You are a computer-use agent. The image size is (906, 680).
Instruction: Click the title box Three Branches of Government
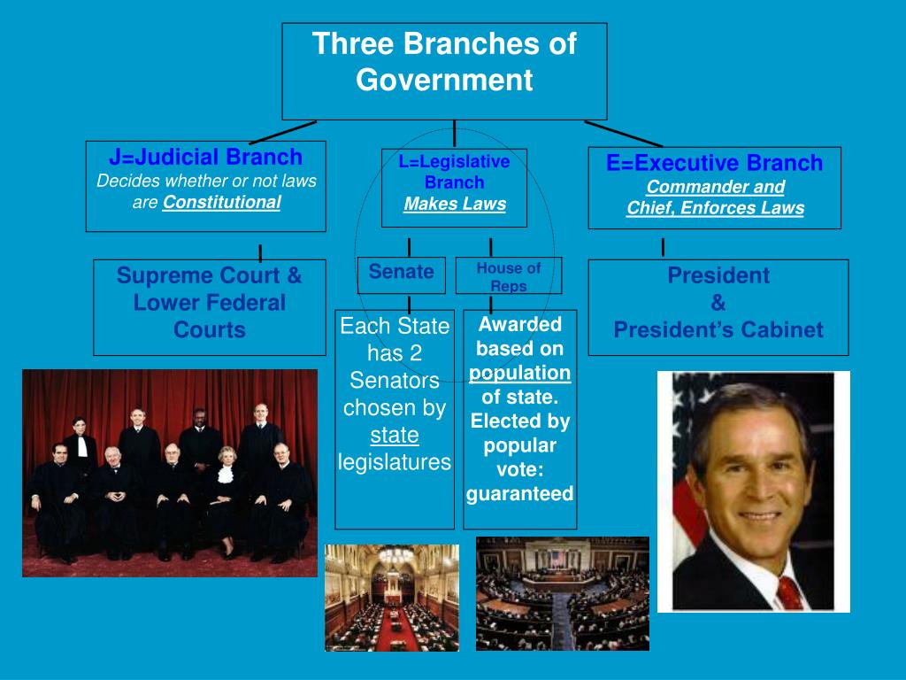point(444,71)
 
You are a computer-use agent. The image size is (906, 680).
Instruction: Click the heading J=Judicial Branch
point(205,158)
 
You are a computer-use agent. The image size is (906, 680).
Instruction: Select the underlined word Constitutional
point(221,202)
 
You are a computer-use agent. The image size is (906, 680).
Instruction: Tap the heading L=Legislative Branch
point(454,172)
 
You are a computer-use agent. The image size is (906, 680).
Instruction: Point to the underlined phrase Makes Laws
point(455,205)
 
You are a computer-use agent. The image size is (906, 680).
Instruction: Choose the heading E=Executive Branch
point(714,163)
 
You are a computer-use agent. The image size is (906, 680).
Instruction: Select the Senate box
point(401,273)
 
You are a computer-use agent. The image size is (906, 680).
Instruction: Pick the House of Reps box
point(508,276)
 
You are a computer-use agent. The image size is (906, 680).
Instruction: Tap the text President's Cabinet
point(718,330)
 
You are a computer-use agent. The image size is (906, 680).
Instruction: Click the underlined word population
point(520,373)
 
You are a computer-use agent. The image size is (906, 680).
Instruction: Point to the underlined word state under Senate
point(395,436)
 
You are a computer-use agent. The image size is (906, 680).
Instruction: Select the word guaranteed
point(520,494)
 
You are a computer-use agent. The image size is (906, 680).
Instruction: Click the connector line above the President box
point(663,247)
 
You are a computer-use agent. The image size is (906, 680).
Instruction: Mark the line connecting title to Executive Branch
point(623,134)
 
